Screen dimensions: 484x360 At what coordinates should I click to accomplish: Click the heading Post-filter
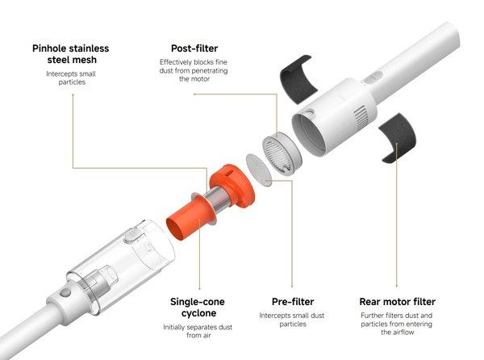tap(194, 48)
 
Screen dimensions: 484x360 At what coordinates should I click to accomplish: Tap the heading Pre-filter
tap(293, 302)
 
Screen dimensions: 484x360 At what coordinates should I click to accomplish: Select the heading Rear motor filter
tap(397, 302)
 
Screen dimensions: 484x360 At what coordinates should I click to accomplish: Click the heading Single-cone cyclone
tap(198, 308)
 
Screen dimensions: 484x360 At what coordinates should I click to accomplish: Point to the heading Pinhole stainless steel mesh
tap(71, 54)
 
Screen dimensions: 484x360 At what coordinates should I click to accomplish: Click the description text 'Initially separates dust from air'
tap(198, 331)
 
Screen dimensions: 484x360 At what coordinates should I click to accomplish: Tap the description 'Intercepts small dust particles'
tap(292, 320)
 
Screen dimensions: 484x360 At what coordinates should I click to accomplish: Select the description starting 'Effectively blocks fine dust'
tap(194, 70)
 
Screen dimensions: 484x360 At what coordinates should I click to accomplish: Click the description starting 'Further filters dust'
tap(397, 324)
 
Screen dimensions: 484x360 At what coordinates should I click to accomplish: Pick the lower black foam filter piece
tap(398, 137)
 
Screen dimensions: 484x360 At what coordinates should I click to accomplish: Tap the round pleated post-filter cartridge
tap(282, 153)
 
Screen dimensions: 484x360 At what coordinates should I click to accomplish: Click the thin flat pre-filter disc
tap(259, 170)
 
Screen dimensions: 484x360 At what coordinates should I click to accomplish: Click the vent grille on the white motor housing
tap(362, 117)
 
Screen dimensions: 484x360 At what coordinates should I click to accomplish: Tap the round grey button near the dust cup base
tap(65, 292)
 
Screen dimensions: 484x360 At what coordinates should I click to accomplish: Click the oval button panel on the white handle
tap(373, 77)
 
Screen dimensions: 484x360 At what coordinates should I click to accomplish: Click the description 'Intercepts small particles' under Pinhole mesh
tap(71, 77)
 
